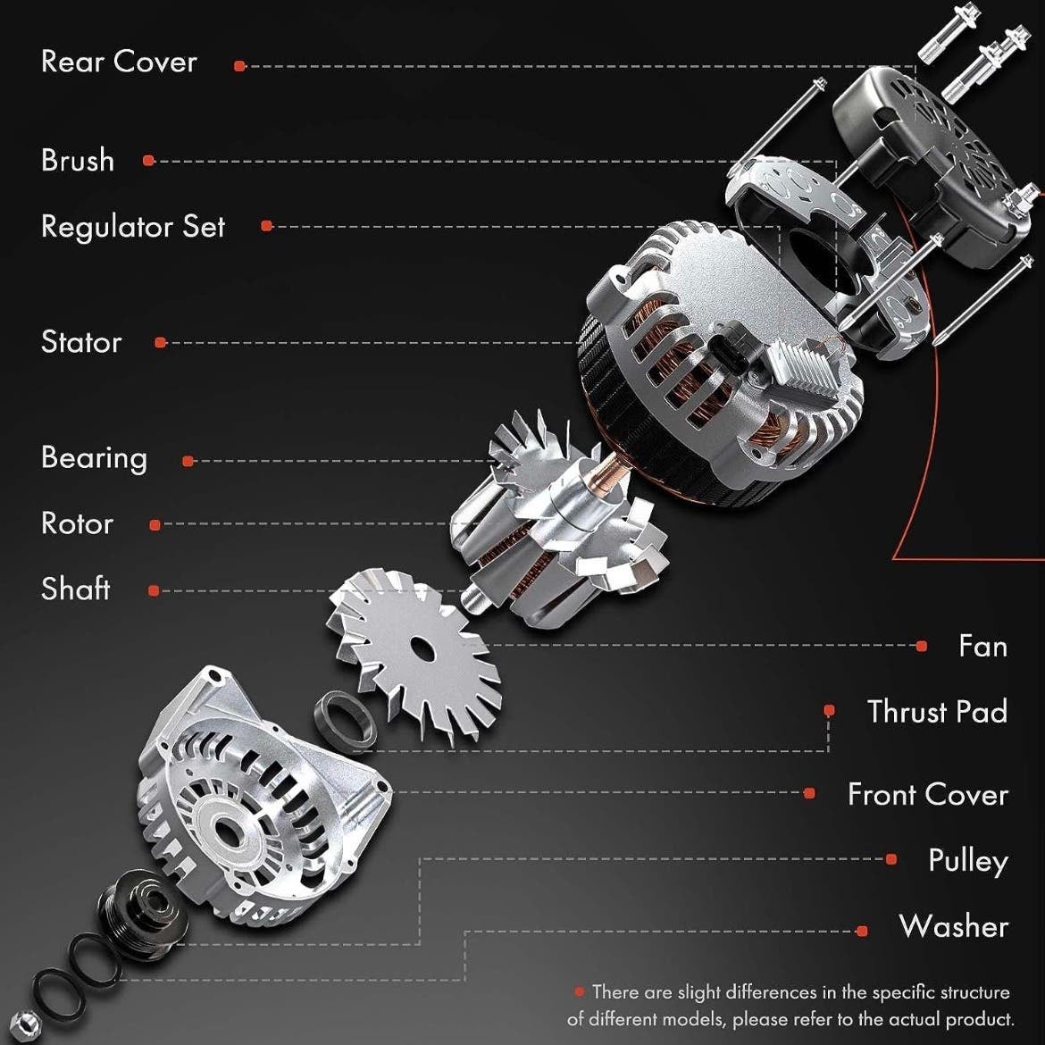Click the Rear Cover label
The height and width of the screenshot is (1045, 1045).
point(119,62)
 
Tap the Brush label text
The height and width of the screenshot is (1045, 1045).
point(78,160)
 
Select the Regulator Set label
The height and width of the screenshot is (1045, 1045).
point(132,227)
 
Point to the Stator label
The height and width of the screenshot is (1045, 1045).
point(81,342)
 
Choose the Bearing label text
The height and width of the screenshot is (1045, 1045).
point(94,458)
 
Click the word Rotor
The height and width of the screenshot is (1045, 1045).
point(78,523)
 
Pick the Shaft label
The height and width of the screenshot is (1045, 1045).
point(75,589)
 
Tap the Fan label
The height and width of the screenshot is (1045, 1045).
point(982,646)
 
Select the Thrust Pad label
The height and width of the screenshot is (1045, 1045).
point(936,712)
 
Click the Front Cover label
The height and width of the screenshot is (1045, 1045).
point(927,794)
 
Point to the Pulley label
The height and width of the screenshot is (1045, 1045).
point(967,861)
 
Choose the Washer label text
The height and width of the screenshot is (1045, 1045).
point(953,926)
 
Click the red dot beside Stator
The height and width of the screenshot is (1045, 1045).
point(160,343)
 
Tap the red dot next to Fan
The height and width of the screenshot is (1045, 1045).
point(921,646)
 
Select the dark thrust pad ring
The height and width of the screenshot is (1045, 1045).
point(345,721)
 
